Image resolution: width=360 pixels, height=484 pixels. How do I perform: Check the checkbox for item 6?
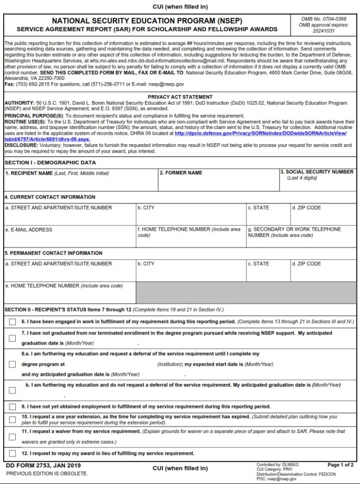pyautogui.click(x=12, y=322)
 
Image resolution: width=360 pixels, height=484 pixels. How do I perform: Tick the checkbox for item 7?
pyautogui.click(x=12, y=338)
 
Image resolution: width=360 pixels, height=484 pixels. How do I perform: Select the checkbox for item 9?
pyautogui.click(x=12, y=407)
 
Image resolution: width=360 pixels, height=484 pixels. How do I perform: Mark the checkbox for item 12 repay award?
pyautogui.click(x=12, y=454)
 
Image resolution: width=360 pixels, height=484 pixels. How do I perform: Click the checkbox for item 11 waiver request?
pyautogui.click(x=12, y=437)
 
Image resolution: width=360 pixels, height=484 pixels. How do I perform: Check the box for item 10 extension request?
pyautogui.click(x=12, y=420)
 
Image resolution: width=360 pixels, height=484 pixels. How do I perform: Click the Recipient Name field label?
pyautogui.click(x=57, y=173)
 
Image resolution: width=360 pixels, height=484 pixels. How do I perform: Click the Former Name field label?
pyautogui.click(x=181, y=173)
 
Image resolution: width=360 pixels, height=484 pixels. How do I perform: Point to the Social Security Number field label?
pyautogui.click(x=317, y=172)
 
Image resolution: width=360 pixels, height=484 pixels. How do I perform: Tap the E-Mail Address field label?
pyautogui.click(x=28, y=230)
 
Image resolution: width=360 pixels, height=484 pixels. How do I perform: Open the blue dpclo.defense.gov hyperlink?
pyautogui.click(x=261, y=134)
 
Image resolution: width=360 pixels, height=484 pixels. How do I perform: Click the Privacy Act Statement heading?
pyautogui.click(x=180, y=97)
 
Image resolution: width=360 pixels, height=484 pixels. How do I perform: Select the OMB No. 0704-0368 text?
pyautogui.click(x=324, y=19)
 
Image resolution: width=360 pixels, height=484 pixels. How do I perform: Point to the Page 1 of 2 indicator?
pyautogui.click(x=340, y=465)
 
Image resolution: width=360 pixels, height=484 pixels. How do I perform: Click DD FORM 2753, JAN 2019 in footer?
pyautogui.click(x=43, y=466)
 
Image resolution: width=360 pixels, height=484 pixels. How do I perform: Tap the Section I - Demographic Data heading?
pyautogui.click(x=50, y=163)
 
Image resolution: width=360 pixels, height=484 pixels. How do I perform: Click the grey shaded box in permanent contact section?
pyautogui.click(x=246, y=293)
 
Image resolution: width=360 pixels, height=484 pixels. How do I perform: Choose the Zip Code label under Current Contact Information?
pyautogui.click(x=306, y=207)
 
